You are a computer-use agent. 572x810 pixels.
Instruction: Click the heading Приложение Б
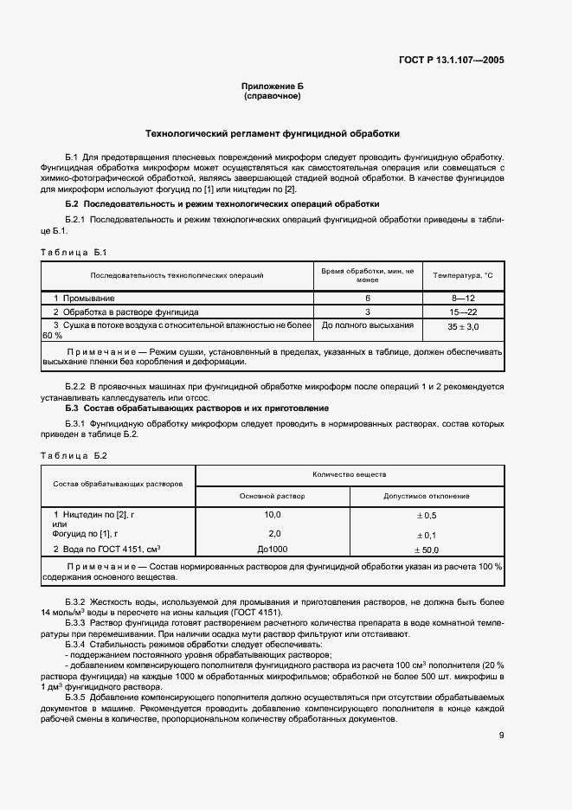[273, 87]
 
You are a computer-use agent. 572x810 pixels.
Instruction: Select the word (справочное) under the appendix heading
[273, 97]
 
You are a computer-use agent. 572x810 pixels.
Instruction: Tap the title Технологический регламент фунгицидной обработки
[272, 135]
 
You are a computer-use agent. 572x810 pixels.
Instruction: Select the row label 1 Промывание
[84, 299]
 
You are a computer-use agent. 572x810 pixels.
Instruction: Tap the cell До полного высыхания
[368, 325]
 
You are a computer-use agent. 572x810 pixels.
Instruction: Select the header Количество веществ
[350, 475]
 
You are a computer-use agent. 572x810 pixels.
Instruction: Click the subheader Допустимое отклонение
[427, 496]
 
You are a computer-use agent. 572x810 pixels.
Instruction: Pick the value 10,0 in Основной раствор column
[273, 515]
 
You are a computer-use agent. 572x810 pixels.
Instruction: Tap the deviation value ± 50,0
[426, 550]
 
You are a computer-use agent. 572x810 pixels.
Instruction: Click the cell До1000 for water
[273, 550]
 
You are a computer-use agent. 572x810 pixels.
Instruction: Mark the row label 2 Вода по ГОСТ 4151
[108, 550]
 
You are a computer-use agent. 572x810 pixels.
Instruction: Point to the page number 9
[501, 736]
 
